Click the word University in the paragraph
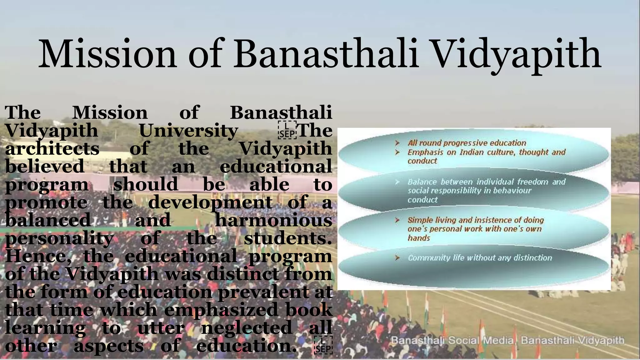[188, 131]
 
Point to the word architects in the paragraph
[52, 148]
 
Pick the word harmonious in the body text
[273, 220]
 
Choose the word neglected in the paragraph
[246, 328]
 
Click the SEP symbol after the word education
[323, 345]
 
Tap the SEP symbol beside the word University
[287, 130]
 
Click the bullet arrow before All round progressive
[397, 143]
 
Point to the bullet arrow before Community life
[397, 258]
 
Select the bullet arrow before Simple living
[397, 220]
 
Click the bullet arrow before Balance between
[397, 182]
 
